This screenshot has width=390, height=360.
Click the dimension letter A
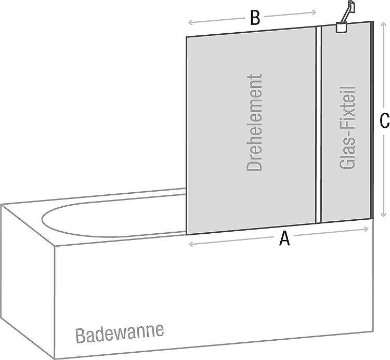tap(284, 238)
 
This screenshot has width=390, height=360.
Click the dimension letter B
tap(255, 18)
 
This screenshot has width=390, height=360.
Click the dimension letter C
tap(384, 121)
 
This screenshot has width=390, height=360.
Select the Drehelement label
tap(254, 123)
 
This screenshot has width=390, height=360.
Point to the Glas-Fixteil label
tap(347, 128)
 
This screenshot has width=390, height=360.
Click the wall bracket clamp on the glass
tap(341, 28)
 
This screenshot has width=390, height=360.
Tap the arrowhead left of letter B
tap(190, 23)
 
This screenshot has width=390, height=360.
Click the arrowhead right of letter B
tap(314, 12)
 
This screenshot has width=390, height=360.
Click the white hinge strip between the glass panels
tap(318, 124)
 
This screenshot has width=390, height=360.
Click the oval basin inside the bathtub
tap(114, 216)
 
